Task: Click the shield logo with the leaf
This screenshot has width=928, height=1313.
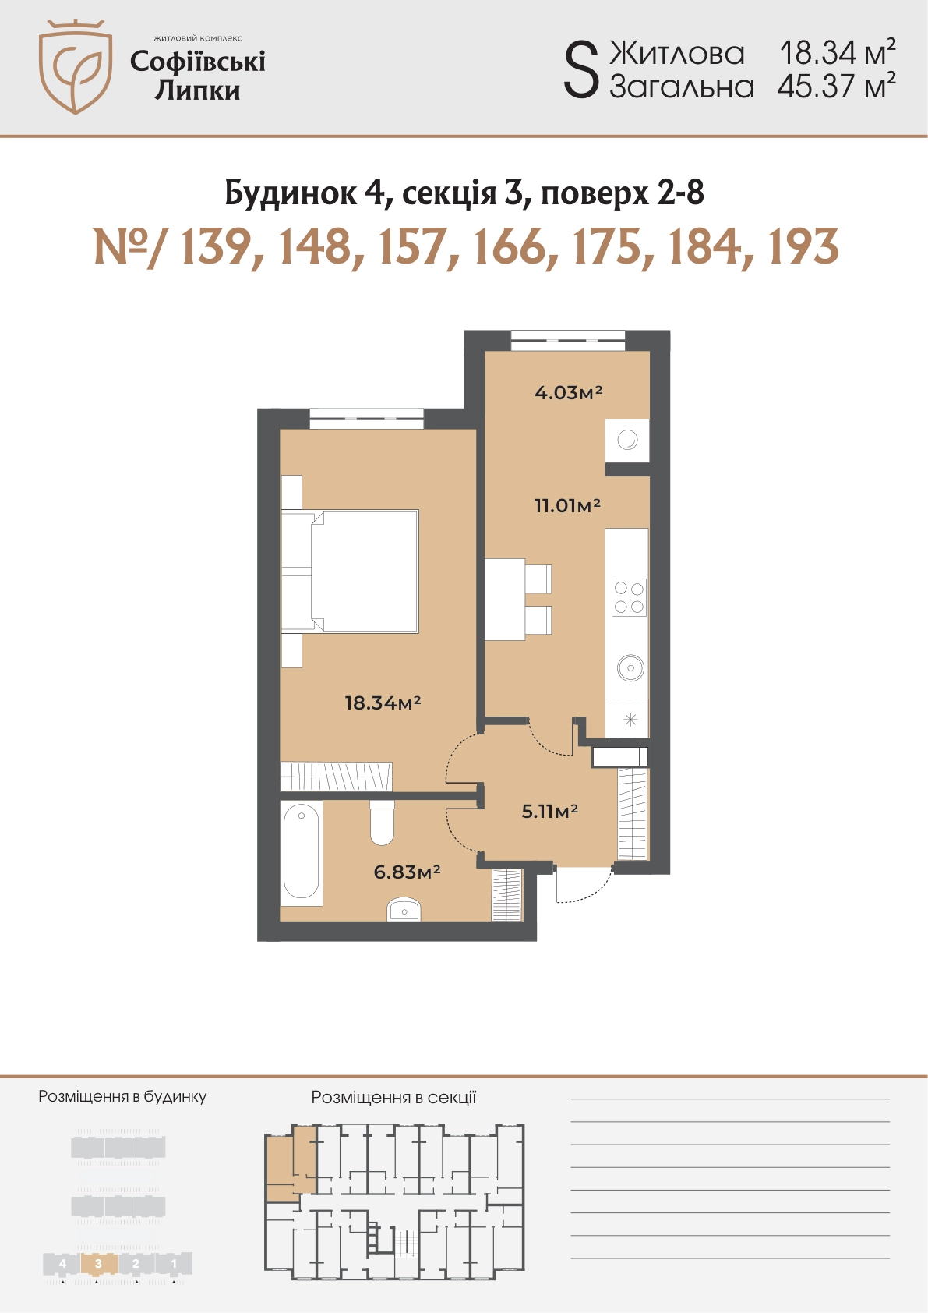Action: coord(76,67)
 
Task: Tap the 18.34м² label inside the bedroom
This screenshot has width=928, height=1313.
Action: coord(383,703)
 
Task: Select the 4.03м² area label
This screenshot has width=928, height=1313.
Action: coord(568,391)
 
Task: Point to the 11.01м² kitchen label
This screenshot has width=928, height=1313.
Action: coord(567,504)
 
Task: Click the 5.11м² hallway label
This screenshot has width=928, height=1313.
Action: coord(549,811)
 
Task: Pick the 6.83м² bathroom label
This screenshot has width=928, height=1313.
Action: coord(407,872)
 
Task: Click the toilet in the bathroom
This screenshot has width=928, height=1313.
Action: coord(382,823)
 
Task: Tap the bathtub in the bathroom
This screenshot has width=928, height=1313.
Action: coord(302,854)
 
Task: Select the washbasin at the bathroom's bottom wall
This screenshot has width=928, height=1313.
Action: coord(404,909)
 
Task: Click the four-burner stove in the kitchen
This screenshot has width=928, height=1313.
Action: coord(630,597)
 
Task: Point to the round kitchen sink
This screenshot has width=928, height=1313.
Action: coord(630,667)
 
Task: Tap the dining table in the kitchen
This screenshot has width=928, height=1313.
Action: coord(505,599)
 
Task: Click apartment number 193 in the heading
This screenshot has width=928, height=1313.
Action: coord(803,247)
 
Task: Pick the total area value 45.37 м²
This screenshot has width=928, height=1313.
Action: coord(836,87)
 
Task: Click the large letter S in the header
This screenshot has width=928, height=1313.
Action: coord(581,72)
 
